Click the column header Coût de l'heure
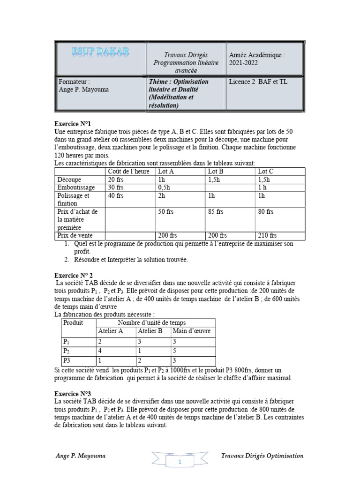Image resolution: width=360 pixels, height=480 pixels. (x=129, y=172)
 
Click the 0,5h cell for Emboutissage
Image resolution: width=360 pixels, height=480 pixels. (x=165, y=187)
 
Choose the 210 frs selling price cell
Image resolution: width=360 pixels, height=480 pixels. (x=267, y=235)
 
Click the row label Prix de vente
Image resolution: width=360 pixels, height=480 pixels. (x=75, y=235)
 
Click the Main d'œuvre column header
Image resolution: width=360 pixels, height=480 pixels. (x=192, y=331)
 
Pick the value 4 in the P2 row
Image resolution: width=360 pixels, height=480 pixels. (x=100, y=351)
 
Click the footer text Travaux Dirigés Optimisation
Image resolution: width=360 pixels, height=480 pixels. (x=262, y=456)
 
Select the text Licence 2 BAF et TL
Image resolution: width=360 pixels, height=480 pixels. (x=257, y=82)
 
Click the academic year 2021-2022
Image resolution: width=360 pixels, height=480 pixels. (x=244, y=62)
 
